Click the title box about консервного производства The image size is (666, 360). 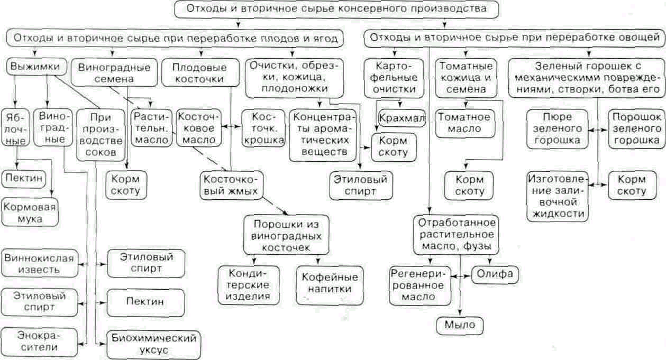pos(336,10)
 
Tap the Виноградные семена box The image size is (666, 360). pos(114,73)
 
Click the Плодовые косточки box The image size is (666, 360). pos(200,73)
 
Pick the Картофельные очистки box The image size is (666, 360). pos(394,78)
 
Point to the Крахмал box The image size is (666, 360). pos(402,118)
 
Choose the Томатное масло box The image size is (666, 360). pos(464,123)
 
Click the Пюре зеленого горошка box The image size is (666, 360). pos(557,129)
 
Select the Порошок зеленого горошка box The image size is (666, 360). pos(636,129)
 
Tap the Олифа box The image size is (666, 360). pos(495,274)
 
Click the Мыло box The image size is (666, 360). pos(460,325)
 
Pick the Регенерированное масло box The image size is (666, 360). pos(420,286)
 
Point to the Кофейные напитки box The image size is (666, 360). pos(330,285)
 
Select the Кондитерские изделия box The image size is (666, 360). pos(249,285)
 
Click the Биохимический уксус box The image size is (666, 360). pos(154,345)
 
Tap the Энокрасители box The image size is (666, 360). pos(39,342)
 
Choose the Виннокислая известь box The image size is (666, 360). pos(39,263)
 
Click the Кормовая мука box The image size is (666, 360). pos(30,213)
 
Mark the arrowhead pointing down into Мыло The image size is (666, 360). pos(460,312)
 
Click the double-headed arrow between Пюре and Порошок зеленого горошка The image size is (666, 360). pos(598,130)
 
